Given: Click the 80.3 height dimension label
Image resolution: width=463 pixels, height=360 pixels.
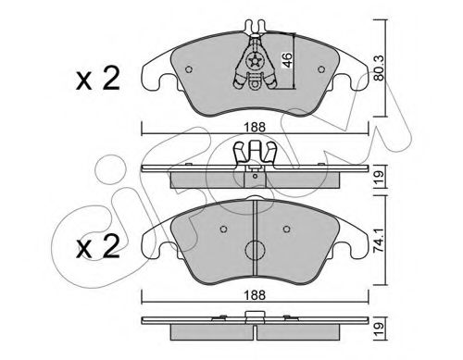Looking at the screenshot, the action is (380, 68).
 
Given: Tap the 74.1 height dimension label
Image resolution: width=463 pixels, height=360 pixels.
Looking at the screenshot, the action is (380, 241).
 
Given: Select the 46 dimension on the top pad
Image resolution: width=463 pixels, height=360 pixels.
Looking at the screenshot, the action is (287, 60).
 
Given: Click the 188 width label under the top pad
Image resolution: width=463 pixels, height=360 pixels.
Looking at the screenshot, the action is (255, 127).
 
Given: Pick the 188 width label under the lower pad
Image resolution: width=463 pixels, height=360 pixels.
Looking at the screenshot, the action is (255, 295).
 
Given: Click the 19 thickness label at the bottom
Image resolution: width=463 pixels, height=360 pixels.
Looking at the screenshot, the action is (380, 329).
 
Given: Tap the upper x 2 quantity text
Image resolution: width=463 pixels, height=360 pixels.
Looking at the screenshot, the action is (98, 79).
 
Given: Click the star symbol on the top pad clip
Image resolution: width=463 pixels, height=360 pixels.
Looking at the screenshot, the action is (255, 62).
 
